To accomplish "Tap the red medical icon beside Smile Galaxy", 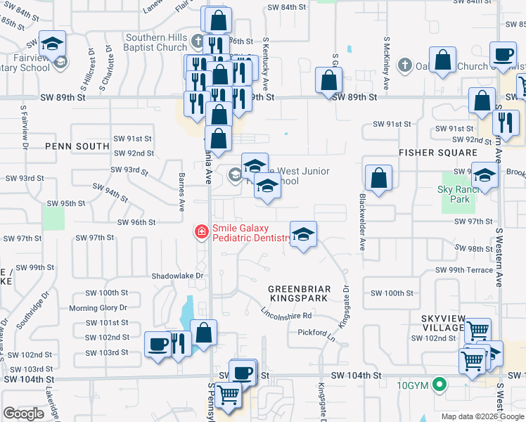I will click(x=201, y=231).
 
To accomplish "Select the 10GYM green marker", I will click(x=440, y=385).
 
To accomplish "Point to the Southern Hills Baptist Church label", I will click(x=157, y=43).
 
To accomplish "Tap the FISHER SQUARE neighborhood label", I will click(x=438, y=153).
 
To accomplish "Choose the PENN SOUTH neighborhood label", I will click(x=77, y=146).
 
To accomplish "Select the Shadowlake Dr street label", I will click(x=178, y=276).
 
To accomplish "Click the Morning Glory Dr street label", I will click(x=98, y=308).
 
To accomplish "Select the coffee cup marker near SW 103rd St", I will click(x=158, y=345).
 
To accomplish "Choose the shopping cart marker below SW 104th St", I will click(x=228, y=397).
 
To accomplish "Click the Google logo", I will click(x=24, y=414).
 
